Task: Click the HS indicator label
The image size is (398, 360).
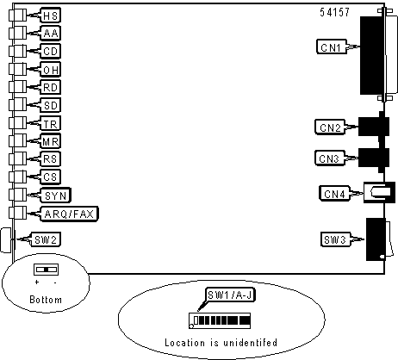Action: point(51,16)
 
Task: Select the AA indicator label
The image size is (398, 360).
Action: point(51,34)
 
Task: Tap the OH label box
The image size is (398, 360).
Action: point(51,70)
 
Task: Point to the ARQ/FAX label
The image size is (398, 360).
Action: point(69,214)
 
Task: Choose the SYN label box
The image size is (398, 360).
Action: point(56,196)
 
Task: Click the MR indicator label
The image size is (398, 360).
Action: point(51,141)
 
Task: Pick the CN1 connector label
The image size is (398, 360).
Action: point(332,47)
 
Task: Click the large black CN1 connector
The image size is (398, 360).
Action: point(372,55)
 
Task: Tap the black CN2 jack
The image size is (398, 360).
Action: point(374,127)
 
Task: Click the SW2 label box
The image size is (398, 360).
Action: point(46,239)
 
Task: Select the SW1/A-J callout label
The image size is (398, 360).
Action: point(230,295)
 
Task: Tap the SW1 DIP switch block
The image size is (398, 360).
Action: point(220,321)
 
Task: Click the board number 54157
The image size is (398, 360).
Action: point(334,12)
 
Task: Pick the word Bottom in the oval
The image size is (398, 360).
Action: point(46,300)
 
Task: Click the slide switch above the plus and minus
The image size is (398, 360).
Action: point(46,270)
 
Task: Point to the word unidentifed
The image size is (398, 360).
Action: point(250,343)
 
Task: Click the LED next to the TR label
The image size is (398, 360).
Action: point(18,123)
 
